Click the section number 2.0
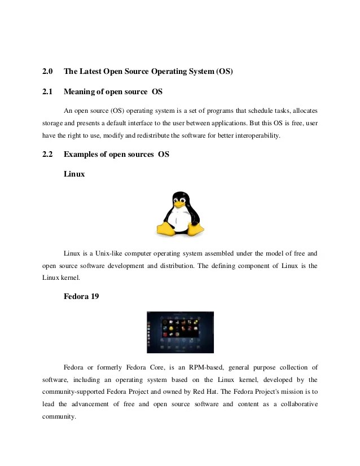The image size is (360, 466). pyautogui.click(x=47, y=72)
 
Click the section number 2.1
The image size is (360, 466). pyautogui.click(x=47, y=91)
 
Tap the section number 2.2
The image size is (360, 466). pyautogui.click(x=47, y=155)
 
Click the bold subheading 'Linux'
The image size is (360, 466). pyautogui.click(x=74, y=174)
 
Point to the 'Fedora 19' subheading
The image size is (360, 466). pyautogui.click(x=82, y=296)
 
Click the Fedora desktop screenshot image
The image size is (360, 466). pyautogui.click(x=180, y=332)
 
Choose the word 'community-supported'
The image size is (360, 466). pyautogui.click(x=78, y=393)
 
